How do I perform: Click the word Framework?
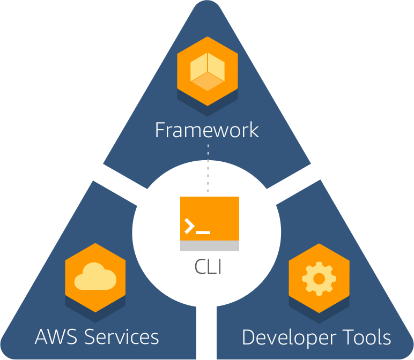point(206,130)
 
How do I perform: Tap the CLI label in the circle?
point(209,266)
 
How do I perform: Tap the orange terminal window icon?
point(210,219)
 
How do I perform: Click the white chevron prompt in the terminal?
point(189,227)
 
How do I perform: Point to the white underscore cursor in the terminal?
point(203,232)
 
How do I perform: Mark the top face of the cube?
point(208,65)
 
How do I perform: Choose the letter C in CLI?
point(200,266)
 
